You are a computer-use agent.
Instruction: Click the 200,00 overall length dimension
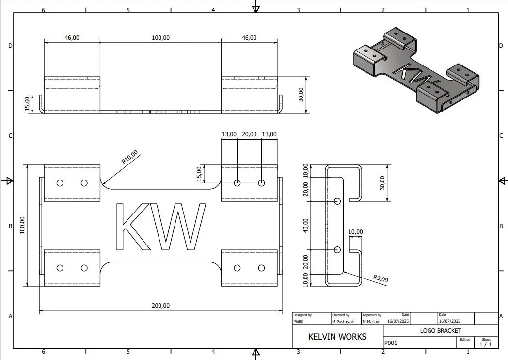click(161, 305)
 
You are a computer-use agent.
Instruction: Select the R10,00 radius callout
click(129, 157)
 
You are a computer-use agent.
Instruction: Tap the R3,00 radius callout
click(381, 279)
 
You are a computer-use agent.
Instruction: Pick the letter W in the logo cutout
click(179, 227)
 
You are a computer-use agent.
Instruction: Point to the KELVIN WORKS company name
click(337, 337)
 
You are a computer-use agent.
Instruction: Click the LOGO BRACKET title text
click(441, 331)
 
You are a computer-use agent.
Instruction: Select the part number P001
click(391, 343)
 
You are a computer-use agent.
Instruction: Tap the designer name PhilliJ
click(299, 321)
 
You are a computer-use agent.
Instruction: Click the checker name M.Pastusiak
click(343, 321)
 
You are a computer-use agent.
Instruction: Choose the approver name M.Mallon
click(371, 321)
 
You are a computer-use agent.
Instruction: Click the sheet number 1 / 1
click(485, 344)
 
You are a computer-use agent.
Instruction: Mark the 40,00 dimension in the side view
click(305, 225)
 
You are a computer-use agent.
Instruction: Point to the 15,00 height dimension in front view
click(28, 103)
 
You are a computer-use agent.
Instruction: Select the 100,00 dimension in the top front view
click(160, 37)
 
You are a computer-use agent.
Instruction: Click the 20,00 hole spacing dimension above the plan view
click(249, 134)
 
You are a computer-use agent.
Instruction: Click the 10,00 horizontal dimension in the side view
click(355, 232)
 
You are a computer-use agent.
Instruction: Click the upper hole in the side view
click(338, 201)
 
